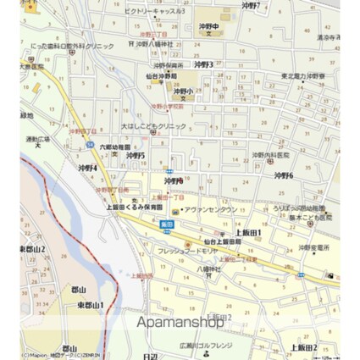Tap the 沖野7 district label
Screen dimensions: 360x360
pos(250,6)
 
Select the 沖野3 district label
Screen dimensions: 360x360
pos(203,64)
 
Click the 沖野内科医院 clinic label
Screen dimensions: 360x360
pos(270,155)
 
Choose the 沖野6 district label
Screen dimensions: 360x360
pos(284,175)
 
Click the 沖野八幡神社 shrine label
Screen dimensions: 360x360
pos(152,43)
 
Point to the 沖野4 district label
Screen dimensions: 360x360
pos(86,168)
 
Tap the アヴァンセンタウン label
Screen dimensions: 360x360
pos(207,209)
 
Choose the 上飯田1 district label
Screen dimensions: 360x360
pos(247,232)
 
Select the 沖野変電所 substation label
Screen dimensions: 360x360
pos(313,247)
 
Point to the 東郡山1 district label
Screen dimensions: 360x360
pos(91,305)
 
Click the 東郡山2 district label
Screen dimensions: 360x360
pos(31,250)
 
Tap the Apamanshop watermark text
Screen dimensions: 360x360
pos(175,322)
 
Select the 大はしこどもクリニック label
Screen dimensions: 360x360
pos(153,125)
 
